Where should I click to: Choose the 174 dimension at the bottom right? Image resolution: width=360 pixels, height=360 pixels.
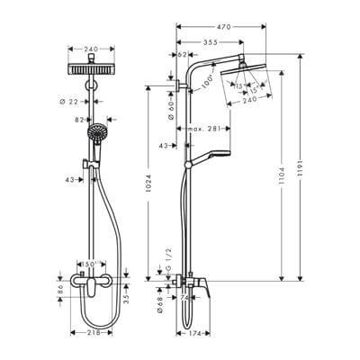192,332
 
